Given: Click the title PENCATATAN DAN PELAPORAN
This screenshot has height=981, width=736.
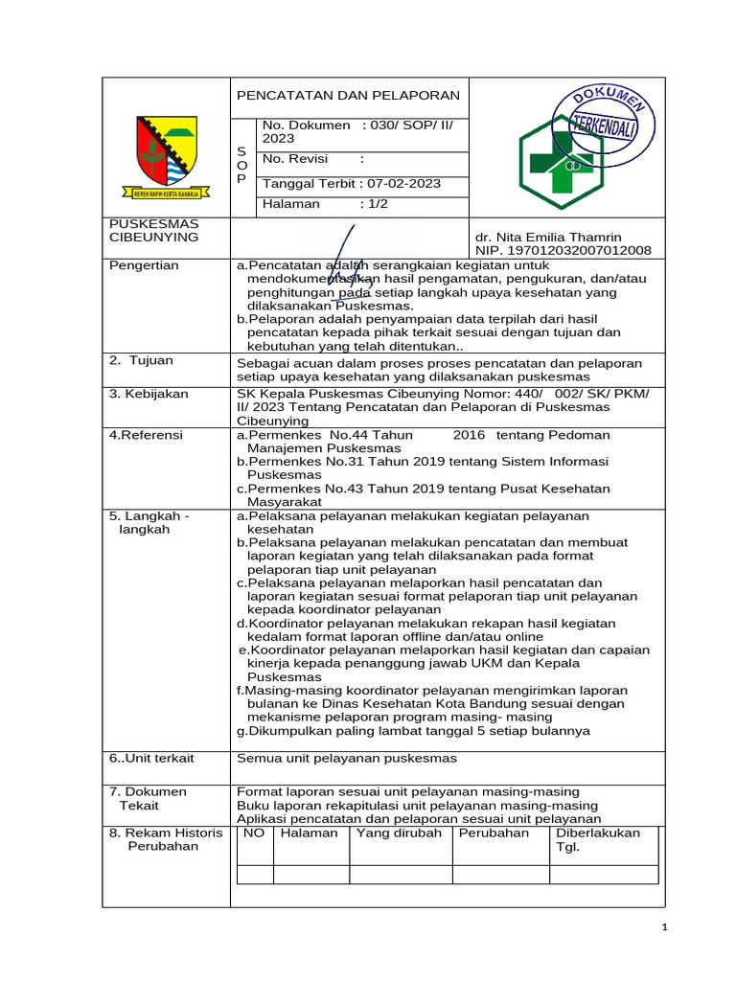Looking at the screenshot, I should (x=349, y=95).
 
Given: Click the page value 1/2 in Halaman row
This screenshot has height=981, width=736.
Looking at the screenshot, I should (x=374, y=203).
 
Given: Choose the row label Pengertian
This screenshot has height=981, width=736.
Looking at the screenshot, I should (x=144, y=265).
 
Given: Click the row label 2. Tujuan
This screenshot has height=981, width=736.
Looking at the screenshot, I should (x=142, y=360).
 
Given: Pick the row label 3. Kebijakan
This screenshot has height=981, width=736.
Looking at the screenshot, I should (x=149, y=393).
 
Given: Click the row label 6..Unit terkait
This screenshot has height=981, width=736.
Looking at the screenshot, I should (x=151, y=758).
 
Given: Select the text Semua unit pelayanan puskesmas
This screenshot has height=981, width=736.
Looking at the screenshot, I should (x=347, y=758).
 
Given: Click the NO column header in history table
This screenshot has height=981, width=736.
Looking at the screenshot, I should (x=254, y=833).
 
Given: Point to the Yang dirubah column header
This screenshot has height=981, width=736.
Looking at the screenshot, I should (x=399, y=833).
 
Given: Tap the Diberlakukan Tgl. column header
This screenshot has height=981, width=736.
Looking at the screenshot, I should (x=598, y=839).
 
